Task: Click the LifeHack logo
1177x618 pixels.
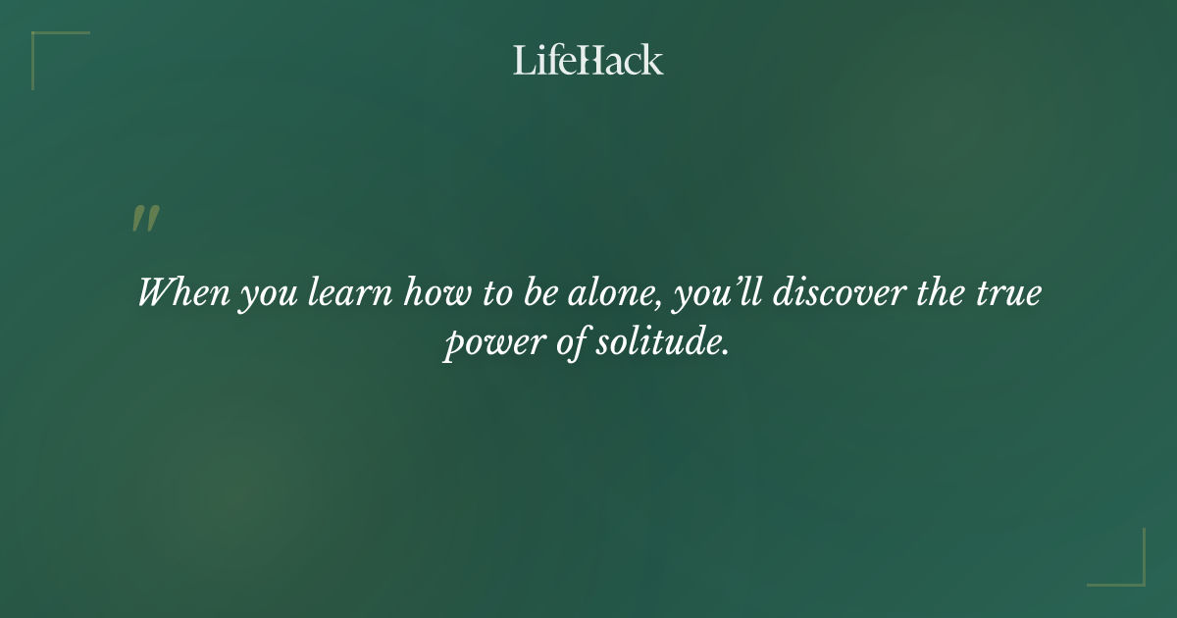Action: click(588, 60)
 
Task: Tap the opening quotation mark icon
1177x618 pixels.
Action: click(145, 219)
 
